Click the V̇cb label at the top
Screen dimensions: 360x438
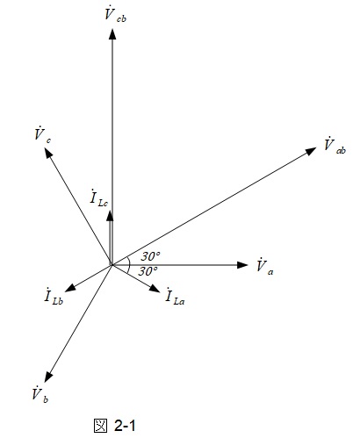115,15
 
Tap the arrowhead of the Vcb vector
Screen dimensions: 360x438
112,33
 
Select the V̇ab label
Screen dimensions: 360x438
335,146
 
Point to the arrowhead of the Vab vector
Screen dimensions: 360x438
311,151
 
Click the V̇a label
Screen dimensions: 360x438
264,267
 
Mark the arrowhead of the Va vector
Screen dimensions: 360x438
242,265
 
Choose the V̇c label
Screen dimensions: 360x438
43,135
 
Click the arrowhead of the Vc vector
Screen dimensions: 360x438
48,153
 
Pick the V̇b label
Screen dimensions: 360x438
40,394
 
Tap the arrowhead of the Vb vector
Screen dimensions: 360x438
48,377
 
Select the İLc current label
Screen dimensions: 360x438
99,198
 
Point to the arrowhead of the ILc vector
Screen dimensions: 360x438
110,215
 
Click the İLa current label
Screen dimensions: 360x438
175,296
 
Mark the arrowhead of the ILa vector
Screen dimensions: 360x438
155,289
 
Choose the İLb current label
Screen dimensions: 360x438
54,296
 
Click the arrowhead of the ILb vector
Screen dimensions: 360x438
70,288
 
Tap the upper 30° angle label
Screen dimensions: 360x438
150,256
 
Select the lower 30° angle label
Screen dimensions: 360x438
148,271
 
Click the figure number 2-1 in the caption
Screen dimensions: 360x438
125,426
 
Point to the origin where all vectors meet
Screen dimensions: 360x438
112,265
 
